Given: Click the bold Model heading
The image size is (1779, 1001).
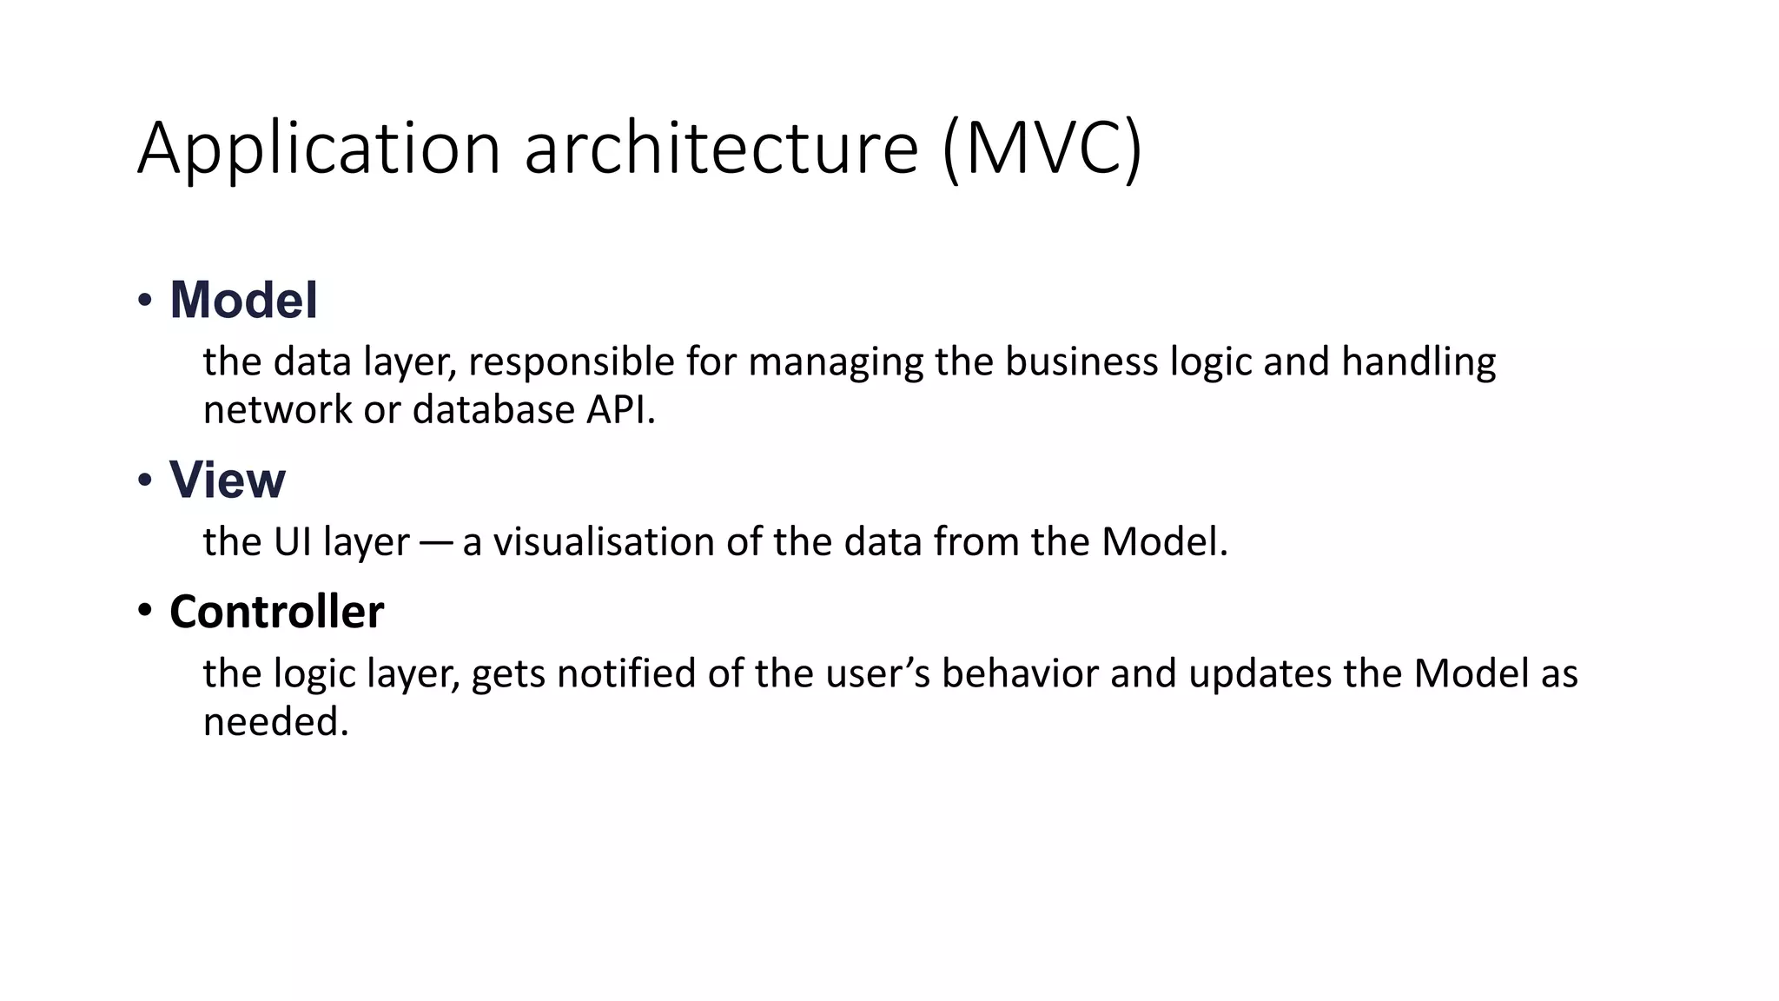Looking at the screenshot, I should pyautogui.click(x=244, y=300).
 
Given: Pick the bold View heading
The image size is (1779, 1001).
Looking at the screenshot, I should pyautogui.click(x=227, y=480).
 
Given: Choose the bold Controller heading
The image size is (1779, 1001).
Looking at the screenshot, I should pyautogui.click(x=276, y=612).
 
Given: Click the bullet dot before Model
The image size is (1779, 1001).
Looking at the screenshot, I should pyautogui.click(x=144, y=301).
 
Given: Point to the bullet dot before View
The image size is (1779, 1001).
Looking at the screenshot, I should pyautogui.click(x=144, y=481).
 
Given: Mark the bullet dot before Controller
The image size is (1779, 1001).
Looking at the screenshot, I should pyautogui.click(x=144, y=611).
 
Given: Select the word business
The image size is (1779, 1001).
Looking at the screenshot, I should pyautogui.click(x=1081, y=361).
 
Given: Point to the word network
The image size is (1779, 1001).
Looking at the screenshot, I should pyautogui.click(x=277, y=410).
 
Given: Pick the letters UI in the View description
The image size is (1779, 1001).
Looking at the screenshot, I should pyautogui.click(x=293, y=542).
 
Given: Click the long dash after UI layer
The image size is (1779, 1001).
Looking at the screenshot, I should pyautogui.click(x=435, y=543).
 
